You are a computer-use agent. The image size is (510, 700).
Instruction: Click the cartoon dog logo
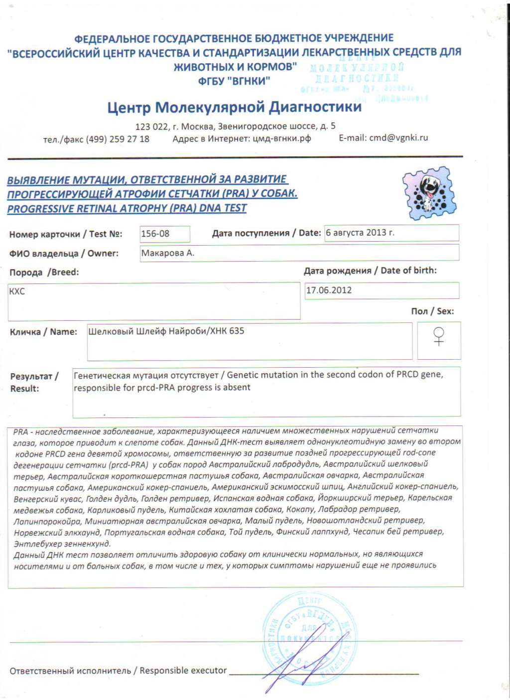coord(429,193)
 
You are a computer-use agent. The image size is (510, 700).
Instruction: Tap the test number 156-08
coord(155,233)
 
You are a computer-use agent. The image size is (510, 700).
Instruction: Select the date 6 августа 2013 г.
coord(360,233)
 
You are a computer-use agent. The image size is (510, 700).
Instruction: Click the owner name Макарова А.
coord(168,253)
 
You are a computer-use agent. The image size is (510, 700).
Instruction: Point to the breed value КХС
coord(17,291)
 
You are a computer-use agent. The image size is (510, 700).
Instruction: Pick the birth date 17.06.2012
coord(329,290)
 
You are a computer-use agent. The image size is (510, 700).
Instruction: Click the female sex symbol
coord(439,336)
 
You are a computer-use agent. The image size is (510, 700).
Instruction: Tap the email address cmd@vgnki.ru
coord(398,138)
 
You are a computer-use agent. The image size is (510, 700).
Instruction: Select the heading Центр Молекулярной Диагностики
coord(235,107)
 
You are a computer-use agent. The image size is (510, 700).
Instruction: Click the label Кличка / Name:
coord(43,332)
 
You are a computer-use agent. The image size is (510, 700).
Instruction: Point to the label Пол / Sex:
coord(432,311)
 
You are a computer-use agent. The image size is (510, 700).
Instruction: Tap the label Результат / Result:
coord(34,382)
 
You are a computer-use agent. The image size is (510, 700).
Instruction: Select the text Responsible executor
coord(183,671)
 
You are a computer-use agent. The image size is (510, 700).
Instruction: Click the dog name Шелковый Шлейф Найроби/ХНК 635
coord(166,331)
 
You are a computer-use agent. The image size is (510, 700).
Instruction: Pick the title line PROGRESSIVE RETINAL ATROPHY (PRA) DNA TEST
coord(127,208)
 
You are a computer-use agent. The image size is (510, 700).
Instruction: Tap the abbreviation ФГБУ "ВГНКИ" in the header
coord(234,81)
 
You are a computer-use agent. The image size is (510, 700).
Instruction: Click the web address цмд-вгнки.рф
coord(282,139)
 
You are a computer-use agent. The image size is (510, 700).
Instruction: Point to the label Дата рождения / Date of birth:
coord(370,271)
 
